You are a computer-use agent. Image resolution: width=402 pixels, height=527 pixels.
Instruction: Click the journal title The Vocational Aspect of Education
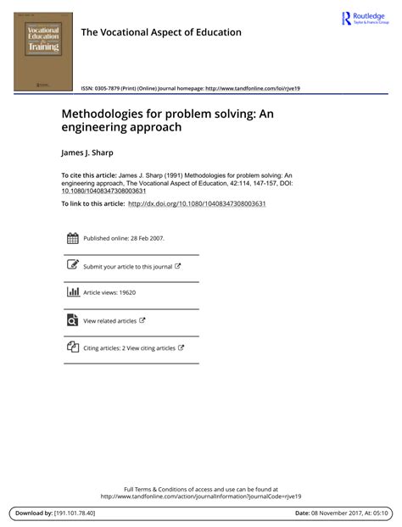161,32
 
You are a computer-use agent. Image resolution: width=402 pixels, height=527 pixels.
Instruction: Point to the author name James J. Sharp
92,153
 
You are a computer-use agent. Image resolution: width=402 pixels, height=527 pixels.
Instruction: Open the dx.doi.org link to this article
197,203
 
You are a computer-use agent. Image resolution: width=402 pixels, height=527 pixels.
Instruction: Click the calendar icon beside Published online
72,239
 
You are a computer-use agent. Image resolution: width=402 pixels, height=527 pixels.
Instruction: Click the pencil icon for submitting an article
72,266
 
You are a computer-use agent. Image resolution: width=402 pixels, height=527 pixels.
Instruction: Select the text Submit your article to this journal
127,267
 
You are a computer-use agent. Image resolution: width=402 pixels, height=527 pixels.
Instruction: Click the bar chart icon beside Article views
72,292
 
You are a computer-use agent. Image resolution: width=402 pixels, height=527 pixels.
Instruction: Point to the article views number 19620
124,293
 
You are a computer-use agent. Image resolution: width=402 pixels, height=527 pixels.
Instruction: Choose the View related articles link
109,321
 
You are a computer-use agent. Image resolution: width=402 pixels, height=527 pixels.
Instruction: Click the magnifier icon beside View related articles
72,320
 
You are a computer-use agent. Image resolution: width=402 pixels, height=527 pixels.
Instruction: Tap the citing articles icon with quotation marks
72,347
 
